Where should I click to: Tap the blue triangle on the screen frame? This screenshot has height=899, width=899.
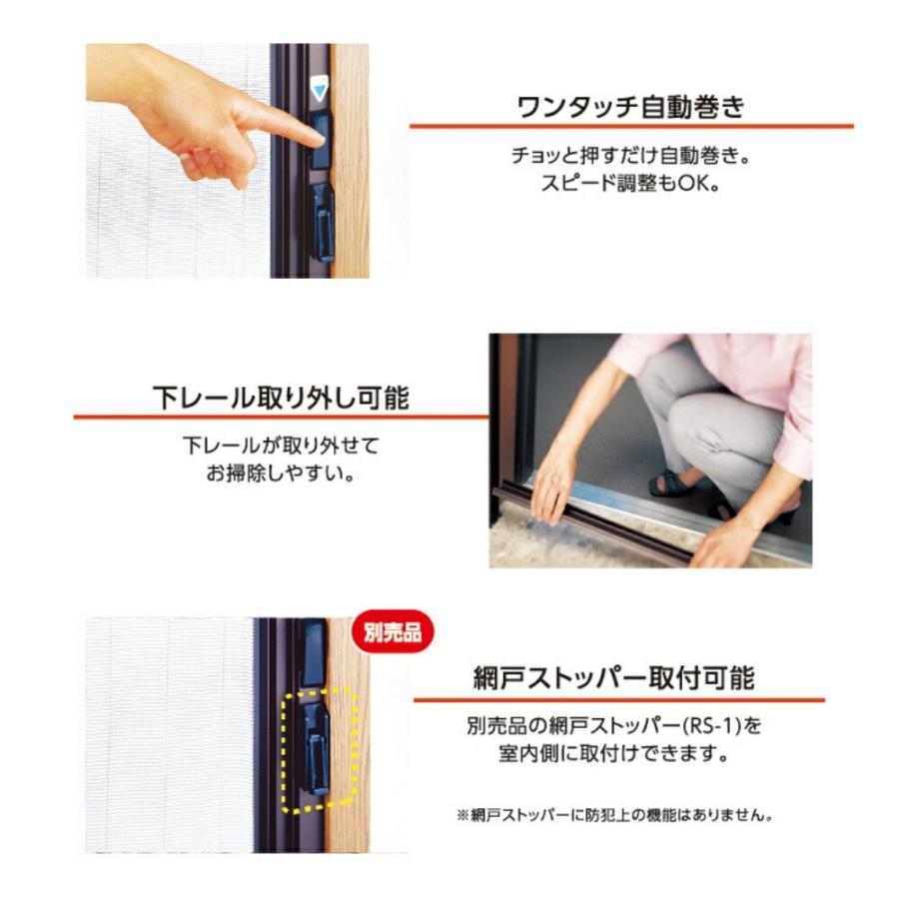point(319,90)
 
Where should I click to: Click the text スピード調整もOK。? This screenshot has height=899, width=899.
point(630,186)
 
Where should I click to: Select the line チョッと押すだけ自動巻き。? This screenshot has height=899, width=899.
point(630,159)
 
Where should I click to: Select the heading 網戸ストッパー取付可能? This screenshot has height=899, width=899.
point(613,679)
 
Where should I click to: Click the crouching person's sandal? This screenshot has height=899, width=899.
point(671,484)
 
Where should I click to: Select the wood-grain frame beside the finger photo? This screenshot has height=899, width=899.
point(350,200)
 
